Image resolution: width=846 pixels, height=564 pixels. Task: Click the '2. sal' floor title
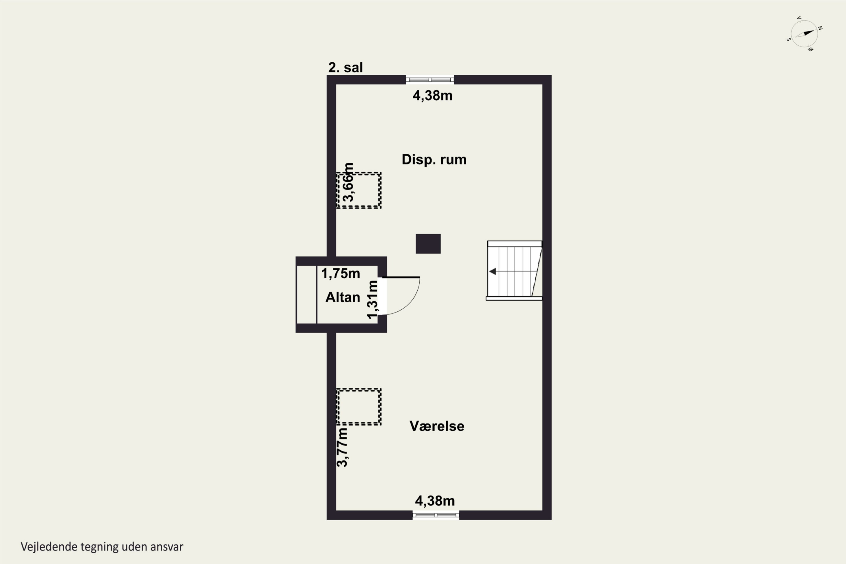click(345, 67)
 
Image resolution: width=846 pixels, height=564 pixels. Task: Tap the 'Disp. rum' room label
click(434, 159)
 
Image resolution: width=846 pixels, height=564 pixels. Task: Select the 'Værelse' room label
click(437, 426)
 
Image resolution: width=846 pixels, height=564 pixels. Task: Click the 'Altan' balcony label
click(342, 297)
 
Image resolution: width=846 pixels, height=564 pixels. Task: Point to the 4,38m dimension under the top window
click(432, 95)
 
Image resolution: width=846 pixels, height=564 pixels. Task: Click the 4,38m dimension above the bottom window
click(435, 501)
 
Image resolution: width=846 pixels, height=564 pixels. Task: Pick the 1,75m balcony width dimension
click(340, 273)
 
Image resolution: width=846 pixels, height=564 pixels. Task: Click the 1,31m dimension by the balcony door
click(373, 299)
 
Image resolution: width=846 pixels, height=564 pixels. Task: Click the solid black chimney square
click(428, 244)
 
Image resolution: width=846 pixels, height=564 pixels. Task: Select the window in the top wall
click(430, 80)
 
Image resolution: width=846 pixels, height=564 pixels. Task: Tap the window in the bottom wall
click(436, 515)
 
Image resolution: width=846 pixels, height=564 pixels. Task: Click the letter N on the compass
click(820, 28)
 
